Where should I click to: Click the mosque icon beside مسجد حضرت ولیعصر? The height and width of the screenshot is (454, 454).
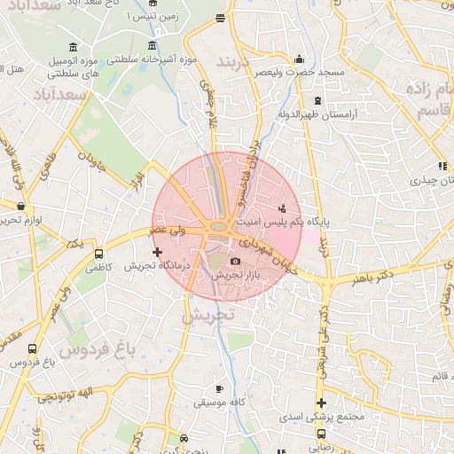[299, 59]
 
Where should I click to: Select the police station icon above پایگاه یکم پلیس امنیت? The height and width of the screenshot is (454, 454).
[282, 207]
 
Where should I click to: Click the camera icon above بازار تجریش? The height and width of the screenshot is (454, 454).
[235, 261]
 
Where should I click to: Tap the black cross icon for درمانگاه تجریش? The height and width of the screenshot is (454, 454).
[158, 253]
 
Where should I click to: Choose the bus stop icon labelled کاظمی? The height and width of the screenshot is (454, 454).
[98, 253]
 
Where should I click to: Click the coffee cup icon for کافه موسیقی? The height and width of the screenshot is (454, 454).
[219, 388]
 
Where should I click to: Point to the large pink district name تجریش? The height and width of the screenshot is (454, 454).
[207, 314]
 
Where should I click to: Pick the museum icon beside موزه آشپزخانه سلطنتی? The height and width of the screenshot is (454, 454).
[153, 46]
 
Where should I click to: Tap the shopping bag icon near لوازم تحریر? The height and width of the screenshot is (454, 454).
[21, 207]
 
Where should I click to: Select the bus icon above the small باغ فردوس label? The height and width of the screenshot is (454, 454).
[33, 349]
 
